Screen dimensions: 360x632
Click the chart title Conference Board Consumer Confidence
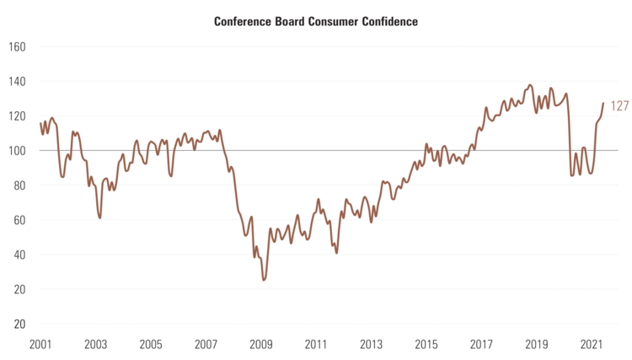tap(315, 21)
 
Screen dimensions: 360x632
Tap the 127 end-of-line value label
tap(621, 107)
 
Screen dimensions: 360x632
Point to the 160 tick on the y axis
tap(18, 47)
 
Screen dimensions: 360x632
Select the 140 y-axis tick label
tap(18, 82)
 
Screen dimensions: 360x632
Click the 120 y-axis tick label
tap(18, 116)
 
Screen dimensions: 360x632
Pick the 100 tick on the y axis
tap(18, 151)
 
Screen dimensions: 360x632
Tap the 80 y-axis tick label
tap(20, 185)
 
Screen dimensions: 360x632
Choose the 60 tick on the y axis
tap(20, 220)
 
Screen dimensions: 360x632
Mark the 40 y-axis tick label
tap(20, 255)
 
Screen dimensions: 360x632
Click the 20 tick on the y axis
tap(20, 289)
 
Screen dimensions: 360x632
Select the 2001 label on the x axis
tap(40, 345)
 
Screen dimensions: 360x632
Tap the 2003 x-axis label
tap(95, 345)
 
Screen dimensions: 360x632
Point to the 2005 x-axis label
tap(151, 345)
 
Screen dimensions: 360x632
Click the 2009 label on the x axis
tap(261, 345)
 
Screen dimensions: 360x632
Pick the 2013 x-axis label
tap(372, 345)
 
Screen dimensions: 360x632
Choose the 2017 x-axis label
tap(482, 345)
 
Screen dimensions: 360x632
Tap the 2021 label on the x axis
tap(592, 345)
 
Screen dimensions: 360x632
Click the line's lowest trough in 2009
tap(264, 279)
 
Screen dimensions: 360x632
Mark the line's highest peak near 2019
tap(529, 85)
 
